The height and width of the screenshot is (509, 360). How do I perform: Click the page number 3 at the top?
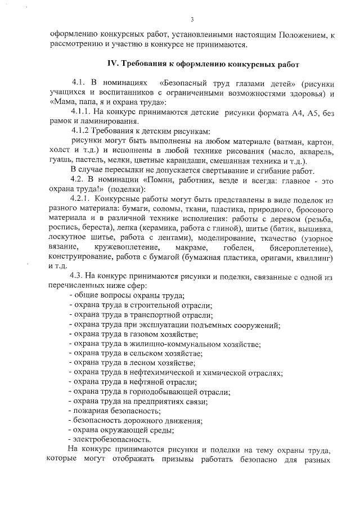click(x=192, y=20)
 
